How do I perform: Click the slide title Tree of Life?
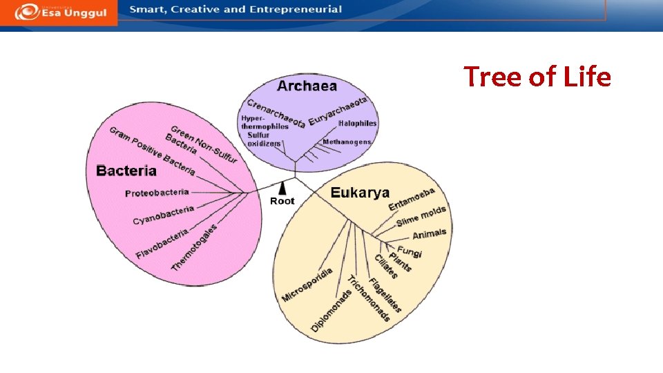click(x=537, y=77)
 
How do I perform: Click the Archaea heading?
click(x=307, y=86)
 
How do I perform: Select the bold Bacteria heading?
click(x=126, y=171)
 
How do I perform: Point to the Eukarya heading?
click(x=360, y=193)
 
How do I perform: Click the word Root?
click(x=282, y=201)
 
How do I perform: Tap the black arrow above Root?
click(x=282, y=187)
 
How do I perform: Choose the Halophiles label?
click(x=358, y=124)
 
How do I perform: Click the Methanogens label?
click(x=347, y=142)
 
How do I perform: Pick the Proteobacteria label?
click(x=157, y=193)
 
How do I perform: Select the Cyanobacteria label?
click(x=164, y=215)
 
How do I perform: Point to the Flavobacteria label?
click(x=162, y=244)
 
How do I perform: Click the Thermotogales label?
click(x=193, y=247)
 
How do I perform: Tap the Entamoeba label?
click(x=412, y=199)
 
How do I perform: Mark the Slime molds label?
click(x=421, y=216)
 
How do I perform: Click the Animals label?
click(x=429, y=234)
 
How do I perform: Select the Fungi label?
click(x=410, y=251)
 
